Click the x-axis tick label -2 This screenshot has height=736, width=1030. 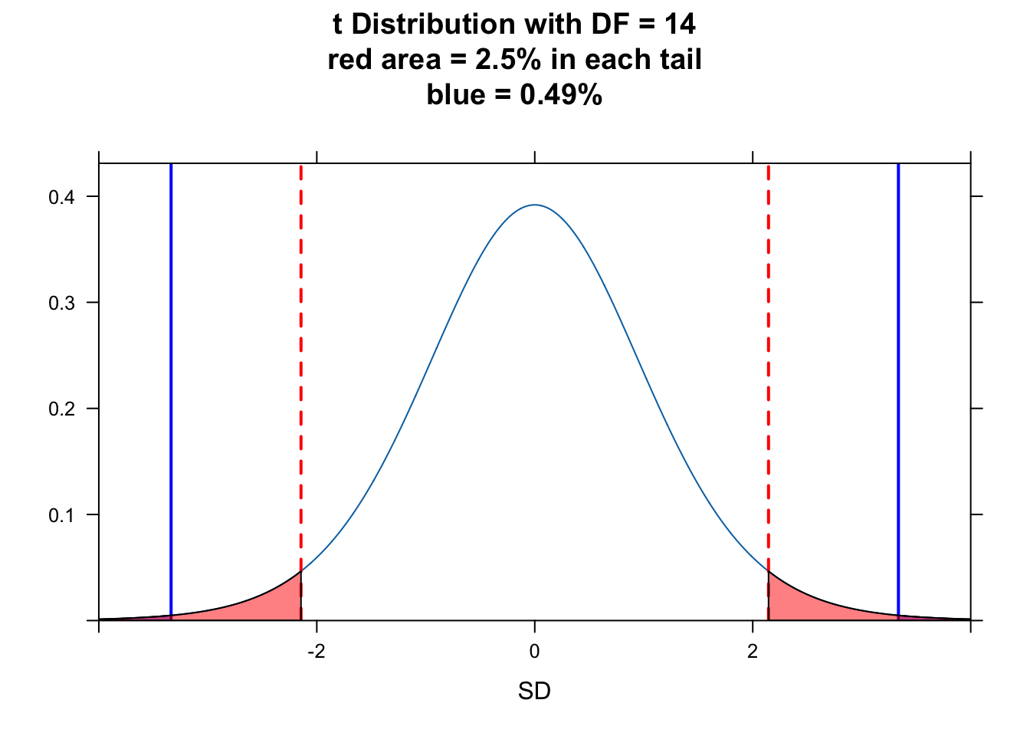point(316,652)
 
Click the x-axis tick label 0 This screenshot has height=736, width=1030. point(534,652)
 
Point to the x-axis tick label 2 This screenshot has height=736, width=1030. point(753,652)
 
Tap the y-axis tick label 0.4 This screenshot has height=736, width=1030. point(61,197)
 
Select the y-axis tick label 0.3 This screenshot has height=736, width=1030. point(61,303)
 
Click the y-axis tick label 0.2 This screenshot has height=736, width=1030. point(61,409)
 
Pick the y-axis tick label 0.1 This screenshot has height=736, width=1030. point(61,514)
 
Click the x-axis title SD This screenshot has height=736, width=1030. point(534,692)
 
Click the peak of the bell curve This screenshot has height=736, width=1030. point(535,205)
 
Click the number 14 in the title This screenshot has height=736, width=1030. point(680,25)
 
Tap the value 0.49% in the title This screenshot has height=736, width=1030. point(561,95)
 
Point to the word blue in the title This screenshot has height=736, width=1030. point(455,95)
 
